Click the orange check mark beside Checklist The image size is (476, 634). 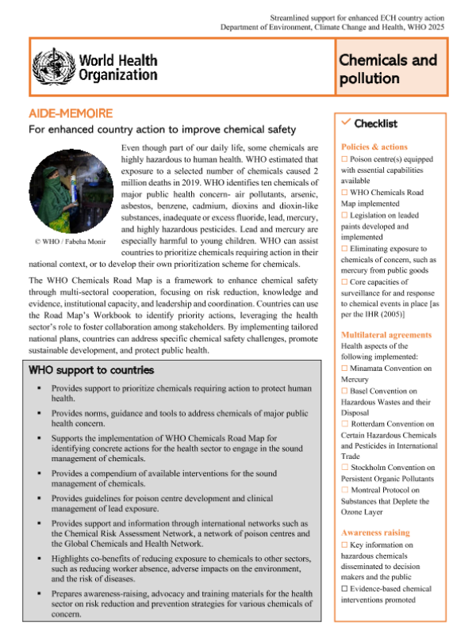click(345, 122)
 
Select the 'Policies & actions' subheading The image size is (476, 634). click(374, 147)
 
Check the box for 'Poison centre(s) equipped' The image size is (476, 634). click(344, 159)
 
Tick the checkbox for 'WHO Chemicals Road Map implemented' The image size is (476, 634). click(344, 193)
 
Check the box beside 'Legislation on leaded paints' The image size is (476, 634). click(344, 215)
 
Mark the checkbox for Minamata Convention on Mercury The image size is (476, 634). click(344, 369)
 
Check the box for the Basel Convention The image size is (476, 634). click(344, 391)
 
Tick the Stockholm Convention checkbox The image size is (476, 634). click(344, 468)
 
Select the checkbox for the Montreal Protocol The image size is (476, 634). click(344, 490)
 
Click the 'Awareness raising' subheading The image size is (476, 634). click(374, 533)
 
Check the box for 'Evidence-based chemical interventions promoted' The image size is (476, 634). click(344, 589)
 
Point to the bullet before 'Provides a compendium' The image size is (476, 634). click(39, 473)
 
